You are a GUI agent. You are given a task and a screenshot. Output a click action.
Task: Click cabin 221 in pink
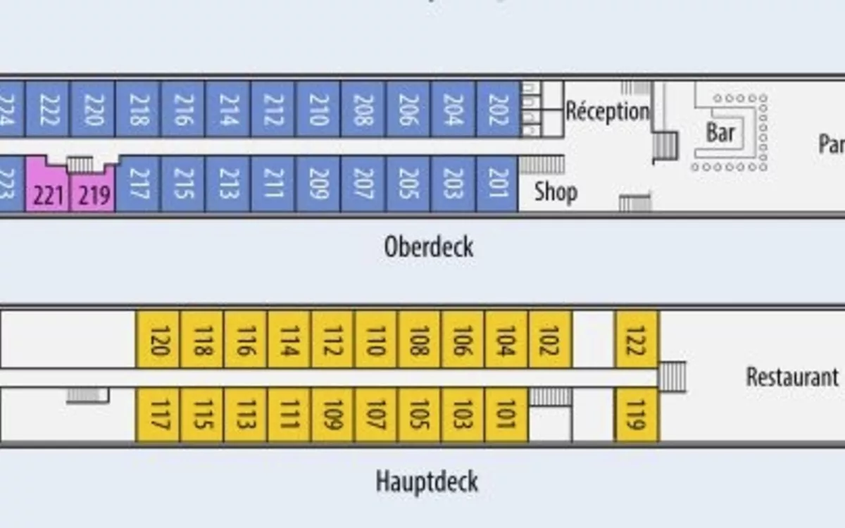48,191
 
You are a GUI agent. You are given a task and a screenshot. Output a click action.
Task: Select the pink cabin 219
93,191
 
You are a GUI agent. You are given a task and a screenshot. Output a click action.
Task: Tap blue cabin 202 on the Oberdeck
498,109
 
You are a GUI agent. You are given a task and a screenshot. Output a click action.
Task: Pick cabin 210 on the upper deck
318,109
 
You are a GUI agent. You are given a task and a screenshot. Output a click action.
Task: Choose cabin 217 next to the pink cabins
137,184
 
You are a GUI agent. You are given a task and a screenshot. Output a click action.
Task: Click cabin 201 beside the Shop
498,184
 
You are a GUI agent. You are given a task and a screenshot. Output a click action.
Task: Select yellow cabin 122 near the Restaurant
637,339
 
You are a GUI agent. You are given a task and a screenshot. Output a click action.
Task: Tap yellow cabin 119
637,415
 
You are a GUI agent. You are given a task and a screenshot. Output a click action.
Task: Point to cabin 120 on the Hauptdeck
158,339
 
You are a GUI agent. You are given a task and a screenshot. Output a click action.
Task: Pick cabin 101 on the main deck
506,415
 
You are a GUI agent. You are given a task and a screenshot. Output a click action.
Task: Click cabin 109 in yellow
332,415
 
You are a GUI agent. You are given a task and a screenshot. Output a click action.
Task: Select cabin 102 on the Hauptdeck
550,339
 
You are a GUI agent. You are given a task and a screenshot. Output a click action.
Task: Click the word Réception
607,111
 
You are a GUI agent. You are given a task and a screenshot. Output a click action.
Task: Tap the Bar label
720,132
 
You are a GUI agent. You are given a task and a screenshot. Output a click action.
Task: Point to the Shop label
556,191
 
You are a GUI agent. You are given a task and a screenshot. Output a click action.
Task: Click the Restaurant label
792,377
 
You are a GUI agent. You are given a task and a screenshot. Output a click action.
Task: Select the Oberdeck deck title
429,247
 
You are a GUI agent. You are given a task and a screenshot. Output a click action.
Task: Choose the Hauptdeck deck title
427,482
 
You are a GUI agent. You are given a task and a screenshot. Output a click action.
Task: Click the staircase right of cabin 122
672,377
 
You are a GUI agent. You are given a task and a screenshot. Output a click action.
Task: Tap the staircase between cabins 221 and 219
80,165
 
